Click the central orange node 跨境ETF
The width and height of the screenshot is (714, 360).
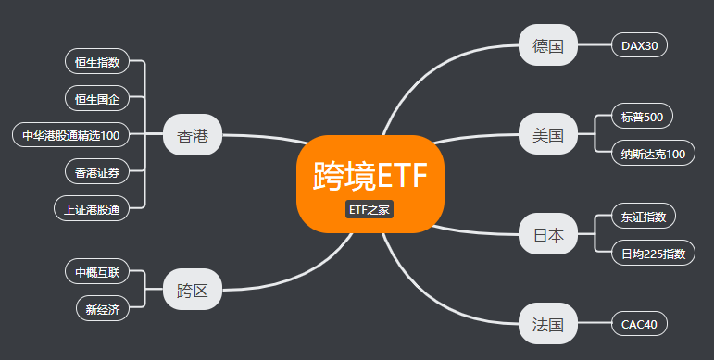370,176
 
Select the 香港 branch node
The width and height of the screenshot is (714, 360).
193,136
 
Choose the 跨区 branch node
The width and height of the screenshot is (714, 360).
193,290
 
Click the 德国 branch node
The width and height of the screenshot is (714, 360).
548,45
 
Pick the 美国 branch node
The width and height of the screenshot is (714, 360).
548,135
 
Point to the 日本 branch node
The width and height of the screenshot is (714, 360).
548,234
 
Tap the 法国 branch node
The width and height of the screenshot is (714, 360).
548,325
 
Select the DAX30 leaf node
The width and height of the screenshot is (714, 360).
639,45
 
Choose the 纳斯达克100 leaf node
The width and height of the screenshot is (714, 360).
653,154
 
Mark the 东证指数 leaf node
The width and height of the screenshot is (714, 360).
644,217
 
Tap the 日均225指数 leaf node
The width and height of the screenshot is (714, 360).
653,253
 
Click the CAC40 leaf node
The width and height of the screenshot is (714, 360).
639,325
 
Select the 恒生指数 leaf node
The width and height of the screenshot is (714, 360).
97,63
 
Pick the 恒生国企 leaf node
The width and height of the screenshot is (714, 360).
97,98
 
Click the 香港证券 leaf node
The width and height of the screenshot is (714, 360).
97,171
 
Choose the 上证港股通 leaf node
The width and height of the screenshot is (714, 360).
92,208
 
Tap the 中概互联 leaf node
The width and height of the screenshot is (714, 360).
97,272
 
